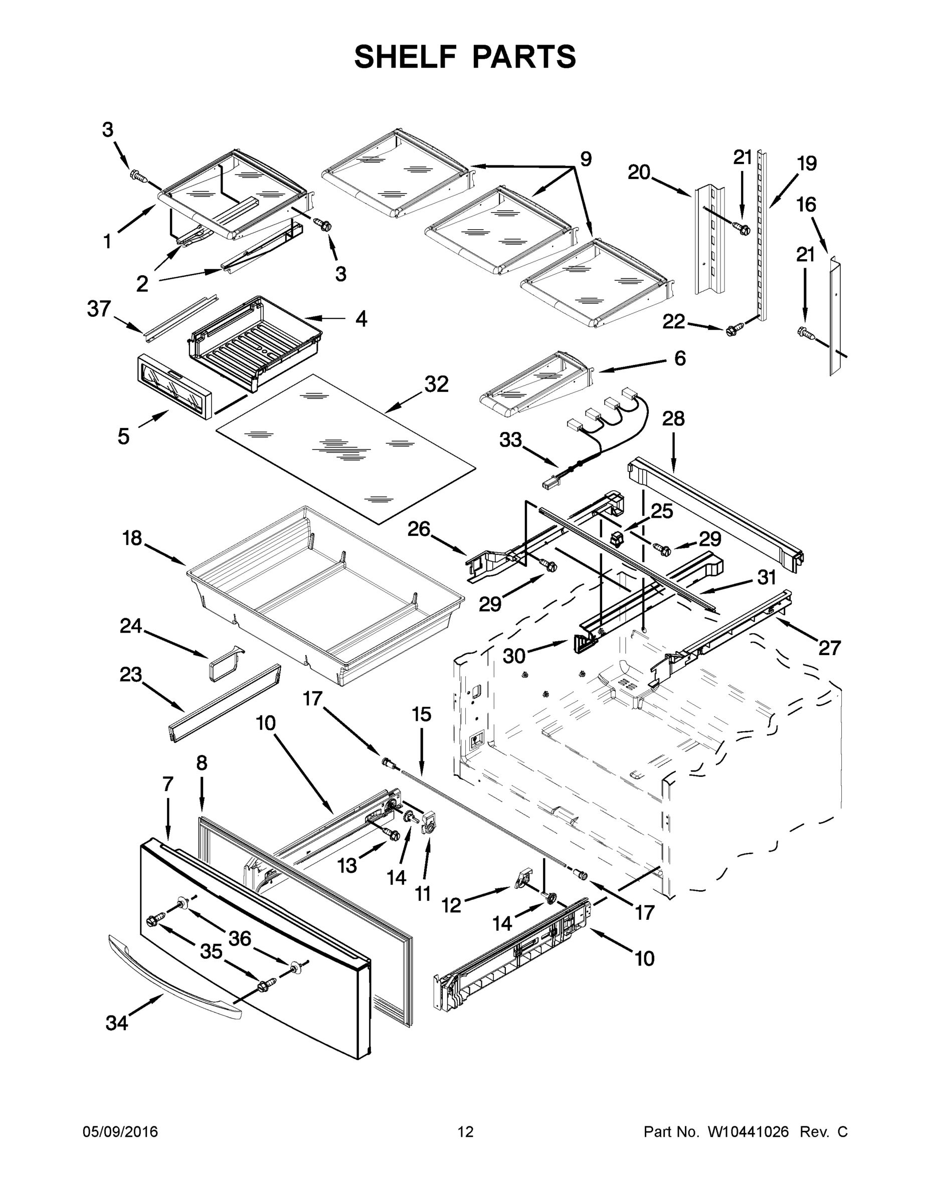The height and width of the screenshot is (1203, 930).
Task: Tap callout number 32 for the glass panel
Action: coord(436,384)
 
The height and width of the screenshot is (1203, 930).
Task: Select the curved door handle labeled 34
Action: coord(173,977)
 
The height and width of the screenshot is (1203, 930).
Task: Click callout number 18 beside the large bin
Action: coord(132,538)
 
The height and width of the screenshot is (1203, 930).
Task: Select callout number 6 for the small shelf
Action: coord(680,358)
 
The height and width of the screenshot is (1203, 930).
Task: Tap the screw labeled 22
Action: coord(732,330)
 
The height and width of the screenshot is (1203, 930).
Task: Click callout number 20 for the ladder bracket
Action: coord(639,172)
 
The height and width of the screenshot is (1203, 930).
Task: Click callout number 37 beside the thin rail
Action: coord(99,308)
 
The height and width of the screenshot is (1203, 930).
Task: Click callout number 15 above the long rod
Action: coord(422,714)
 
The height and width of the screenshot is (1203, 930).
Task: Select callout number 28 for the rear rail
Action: coord(673,419)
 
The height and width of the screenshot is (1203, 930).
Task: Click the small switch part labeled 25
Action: coord(617,539)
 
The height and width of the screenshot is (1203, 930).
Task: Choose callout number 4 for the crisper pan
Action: coord(361,318)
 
